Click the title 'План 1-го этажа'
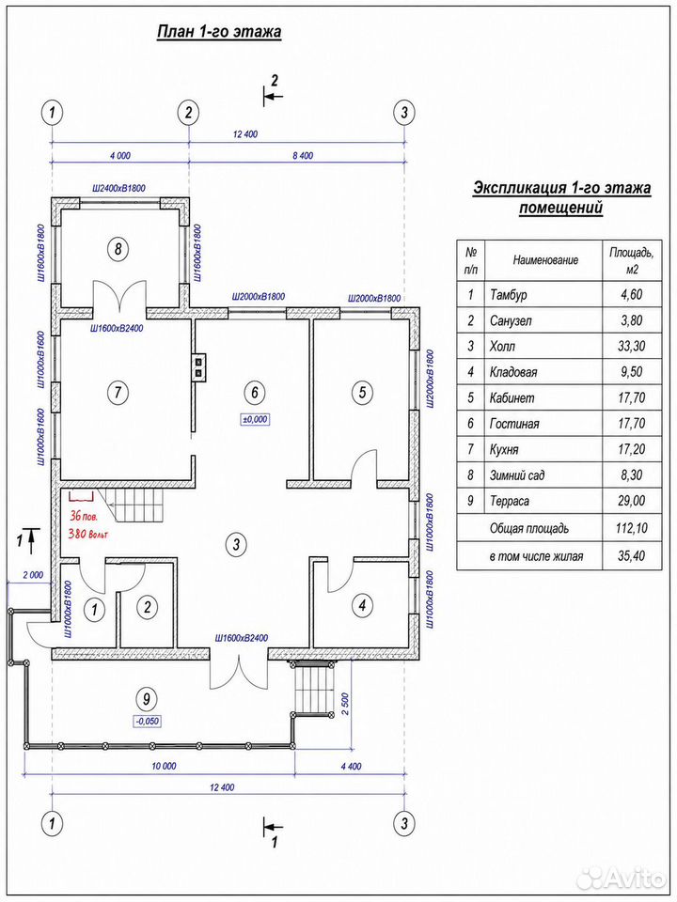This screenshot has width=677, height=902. tap(219, 32)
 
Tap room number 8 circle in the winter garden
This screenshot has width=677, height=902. tap(118, 248)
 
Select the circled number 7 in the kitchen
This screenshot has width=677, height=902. tap(118, 393)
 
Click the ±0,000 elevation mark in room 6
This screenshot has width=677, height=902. tap(255, 419)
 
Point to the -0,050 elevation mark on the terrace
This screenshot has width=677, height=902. tap(148, 719)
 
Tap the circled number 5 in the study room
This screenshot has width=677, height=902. tap(362, 393)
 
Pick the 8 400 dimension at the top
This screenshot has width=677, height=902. tap(302, 155)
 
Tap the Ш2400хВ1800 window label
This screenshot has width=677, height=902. tap(119, 188)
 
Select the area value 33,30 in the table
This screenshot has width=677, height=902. tap(630, 347)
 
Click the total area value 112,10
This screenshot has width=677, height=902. tap(630, 528)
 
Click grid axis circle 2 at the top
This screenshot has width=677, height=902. tap(188, 113)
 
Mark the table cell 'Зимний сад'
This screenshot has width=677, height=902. tap(517, 475)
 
